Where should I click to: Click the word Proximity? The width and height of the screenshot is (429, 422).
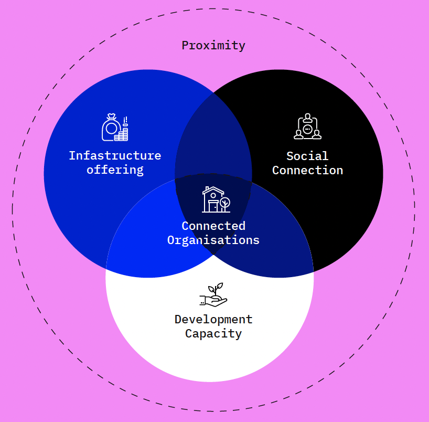point(213,46)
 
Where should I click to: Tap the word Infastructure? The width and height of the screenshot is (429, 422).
point(115,156)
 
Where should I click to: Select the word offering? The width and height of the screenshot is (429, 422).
point(115,170)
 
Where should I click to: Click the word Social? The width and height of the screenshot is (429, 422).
point(307,156)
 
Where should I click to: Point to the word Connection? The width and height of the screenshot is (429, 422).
point(307,171)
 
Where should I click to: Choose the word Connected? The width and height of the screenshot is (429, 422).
point(213,226)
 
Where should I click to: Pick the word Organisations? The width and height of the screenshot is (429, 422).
point(213,240)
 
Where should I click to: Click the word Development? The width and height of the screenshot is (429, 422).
point(213,319)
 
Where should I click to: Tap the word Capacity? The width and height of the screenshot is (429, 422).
point(213,334)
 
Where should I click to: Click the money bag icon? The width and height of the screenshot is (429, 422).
point(110,128)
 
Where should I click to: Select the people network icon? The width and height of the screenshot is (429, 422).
point(307,127)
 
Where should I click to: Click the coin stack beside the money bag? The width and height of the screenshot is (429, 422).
point(122,134)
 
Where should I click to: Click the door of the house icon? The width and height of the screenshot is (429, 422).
point(213,206)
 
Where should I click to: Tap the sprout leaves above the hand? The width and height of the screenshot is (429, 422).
point(216,288)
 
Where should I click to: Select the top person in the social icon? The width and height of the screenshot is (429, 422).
point(307,117)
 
